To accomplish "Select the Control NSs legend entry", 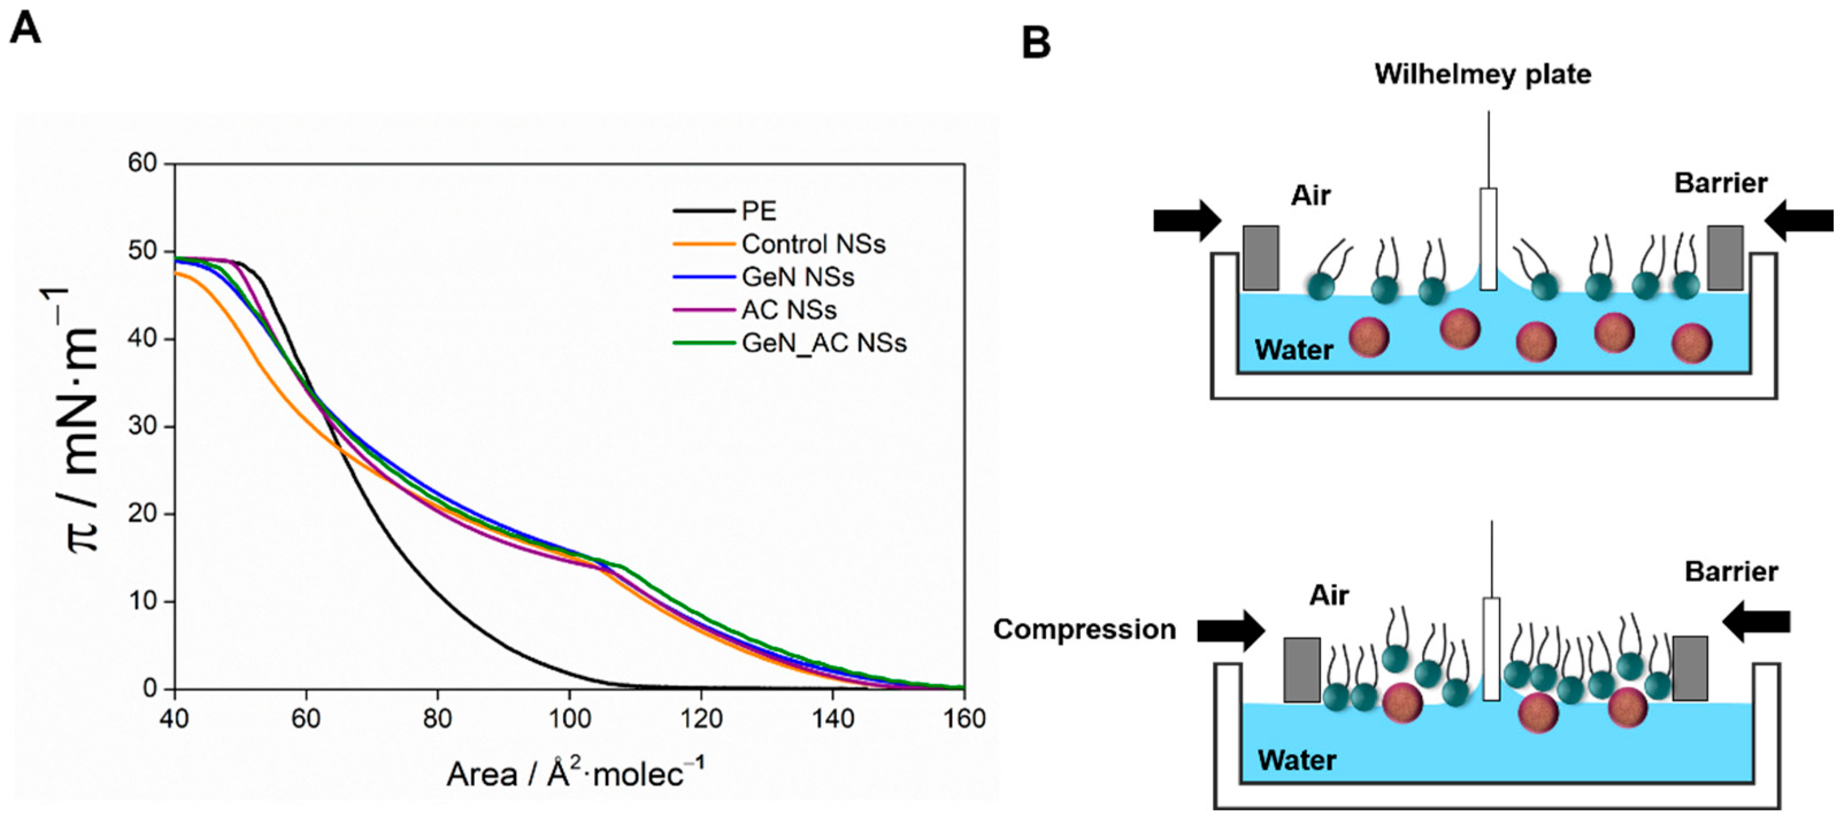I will pos(813,244).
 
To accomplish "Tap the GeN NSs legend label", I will pos(798,277).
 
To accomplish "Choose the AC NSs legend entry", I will pos(789,310).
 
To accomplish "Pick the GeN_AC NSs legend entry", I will pos(824,343).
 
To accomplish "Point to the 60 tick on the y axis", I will pos(142,163).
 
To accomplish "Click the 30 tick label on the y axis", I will pos(142,426).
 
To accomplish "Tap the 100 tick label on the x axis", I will pos(570,718).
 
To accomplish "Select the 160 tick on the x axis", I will pos(964,718).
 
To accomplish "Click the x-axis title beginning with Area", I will pos(575,774).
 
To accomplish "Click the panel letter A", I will pos(25,29).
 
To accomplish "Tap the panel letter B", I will pos(1036,43).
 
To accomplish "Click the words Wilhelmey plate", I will pos(1482,75).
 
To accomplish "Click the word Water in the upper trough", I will pos(1293,350).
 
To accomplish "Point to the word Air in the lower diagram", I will pos(1329,595).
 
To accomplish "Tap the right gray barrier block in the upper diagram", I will pos(1725,258).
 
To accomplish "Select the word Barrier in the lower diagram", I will pos(1731,572).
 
